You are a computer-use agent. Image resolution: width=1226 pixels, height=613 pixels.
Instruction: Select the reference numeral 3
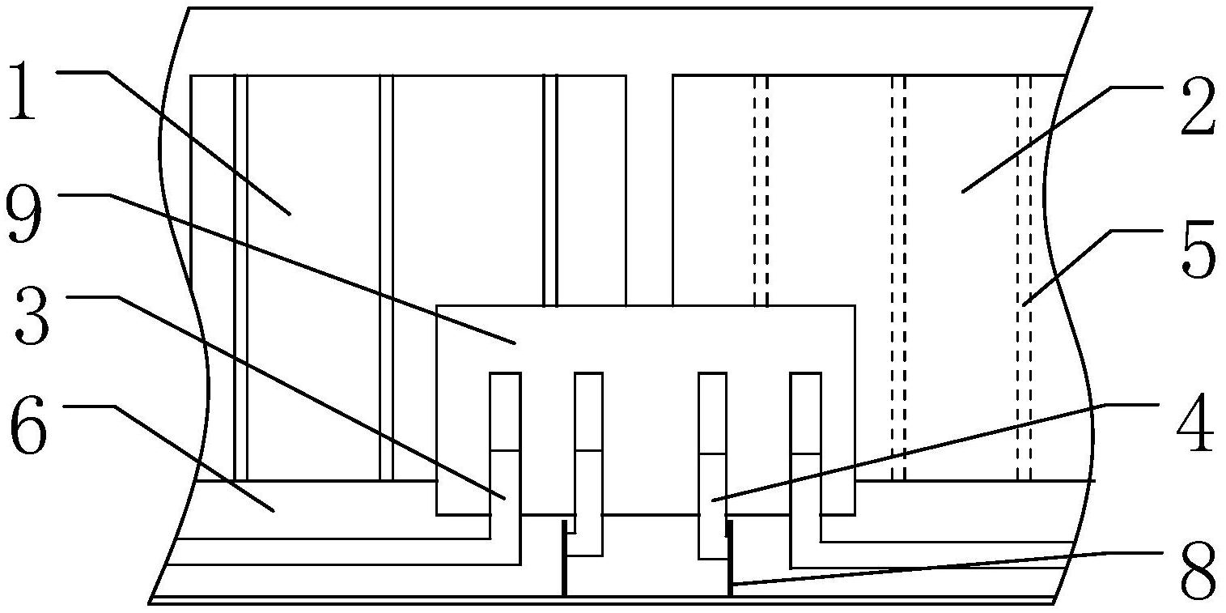coord(32,318)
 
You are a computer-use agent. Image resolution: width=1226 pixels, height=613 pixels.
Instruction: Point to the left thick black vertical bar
coord(563,559)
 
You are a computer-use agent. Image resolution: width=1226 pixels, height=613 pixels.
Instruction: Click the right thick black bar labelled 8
coord(729,559)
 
